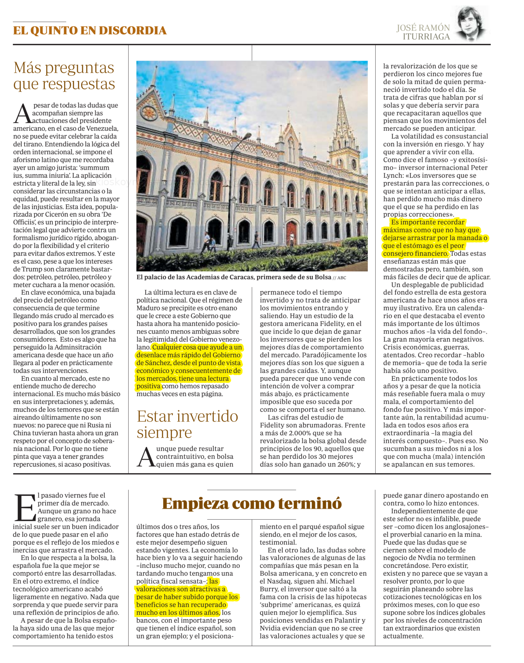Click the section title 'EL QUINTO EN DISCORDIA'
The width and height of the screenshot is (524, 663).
tap(90, 31)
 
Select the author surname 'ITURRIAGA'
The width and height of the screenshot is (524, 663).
tap(426, 37)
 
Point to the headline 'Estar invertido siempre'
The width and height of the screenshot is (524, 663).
tap(187, 424)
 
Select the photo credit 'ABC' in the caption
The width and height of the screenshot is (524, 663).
tap(341, 278)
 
